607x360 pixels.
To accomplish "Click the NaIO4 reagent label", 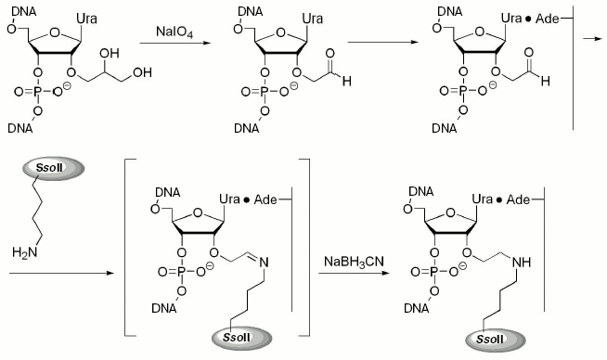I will click(176, 31).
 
